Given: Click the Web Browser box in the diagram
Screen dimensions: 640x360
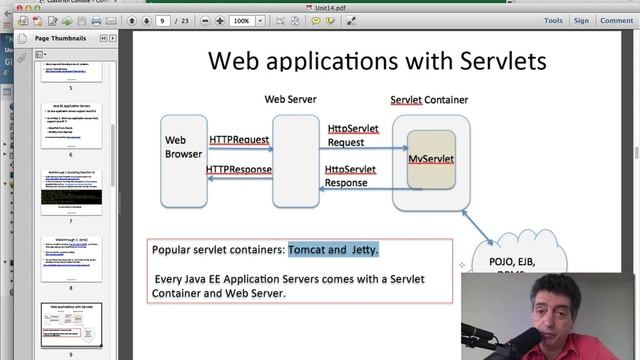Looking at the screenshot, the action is tap(183, 148).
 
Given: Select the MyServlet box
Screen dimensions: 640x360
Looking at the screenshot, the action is tap(431, 159).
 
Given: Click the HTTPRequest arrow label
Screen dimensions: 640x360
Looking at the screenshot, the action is tap(240, 139).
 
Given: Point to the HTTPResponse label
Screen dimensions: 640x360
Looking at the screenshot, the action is tap(239, 169).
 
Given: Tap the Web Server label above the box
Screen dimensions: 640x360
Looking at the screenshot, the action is tap(289, 99).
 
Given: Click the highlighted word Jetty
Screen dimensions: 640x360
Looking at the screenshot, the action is tap(364, 249).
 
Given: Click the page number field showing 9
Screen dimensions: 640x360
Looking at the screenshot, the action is tap(163, 20).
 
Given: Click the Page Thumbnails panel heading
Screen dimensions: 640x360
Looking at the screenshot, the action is tap(60, 38).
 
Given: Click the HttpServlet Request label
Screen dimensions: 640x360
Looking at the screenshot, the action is tap(352, 135).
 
